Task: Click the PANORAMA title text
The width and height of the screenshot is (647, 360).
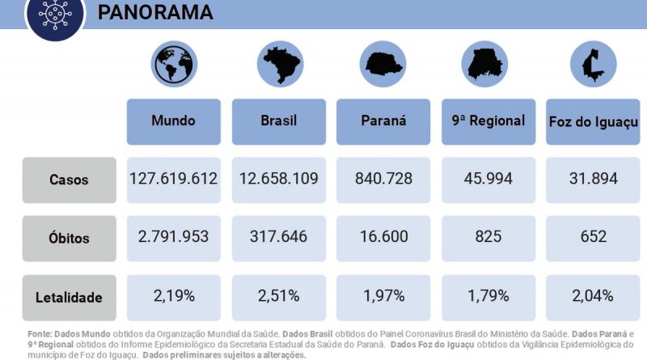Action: [x=155, y=12]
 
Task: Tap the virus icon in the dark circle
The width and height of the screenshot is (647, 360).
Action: [x=55, y=15]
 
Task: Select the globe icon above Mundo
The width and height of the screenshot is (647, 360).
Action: [x=174, y=66]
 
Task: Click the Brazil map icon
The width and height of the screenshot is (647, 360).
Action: [x=279, y=66]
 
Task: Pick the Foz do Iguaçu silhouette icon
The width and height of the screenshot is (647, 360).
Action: [x=593, y=66]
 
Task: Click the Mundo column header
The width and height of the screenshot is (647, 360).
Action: [x=174, y=121]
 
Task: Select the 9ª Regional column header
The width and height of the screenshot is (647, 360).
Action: [x=488, y=121]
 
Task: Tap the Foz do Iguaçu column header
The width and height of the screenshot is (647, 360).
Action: [x=593, y=122]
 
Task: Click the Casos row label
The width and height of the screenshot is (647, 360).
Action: [x=70, y=180]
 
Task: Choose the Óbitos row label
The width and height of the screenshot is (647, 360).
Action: [x=70, y=239]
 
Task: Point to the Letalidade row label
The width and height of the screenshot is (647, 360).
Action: [x=70, y=298]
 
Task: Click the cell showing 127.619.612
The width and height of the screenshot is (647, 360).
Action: [x=174, y=179]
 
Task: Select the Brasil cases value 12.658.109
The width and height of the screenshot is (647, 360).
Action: [x=279, y=179]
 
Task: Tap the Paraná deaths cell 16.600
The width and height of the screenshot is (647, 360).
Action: [x=383, y=237]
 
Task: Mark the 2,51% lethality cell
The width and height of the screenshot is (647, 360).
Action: [x=279, y=296]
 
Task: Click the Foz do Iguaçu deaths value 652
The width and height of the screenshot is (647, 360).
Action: [x=593, y=237]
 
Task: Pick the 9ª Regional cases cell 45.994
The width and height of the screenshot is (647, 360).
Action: [x=488, y=179]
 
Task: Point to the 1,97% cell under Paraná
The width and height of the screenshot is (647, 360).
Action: [x=383, y=296]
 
